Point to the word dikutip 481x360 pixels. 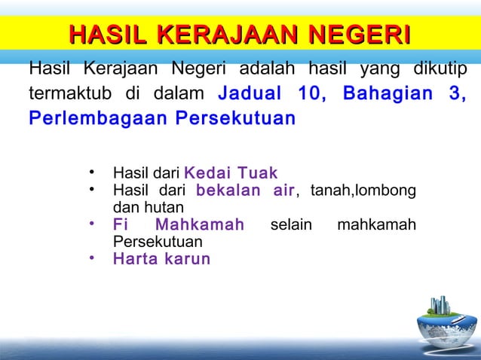[x=438, y=71]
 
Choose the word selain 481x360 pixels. [x=290, y=224]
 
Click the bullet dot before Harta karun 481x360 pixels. [x=90, y=258]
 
